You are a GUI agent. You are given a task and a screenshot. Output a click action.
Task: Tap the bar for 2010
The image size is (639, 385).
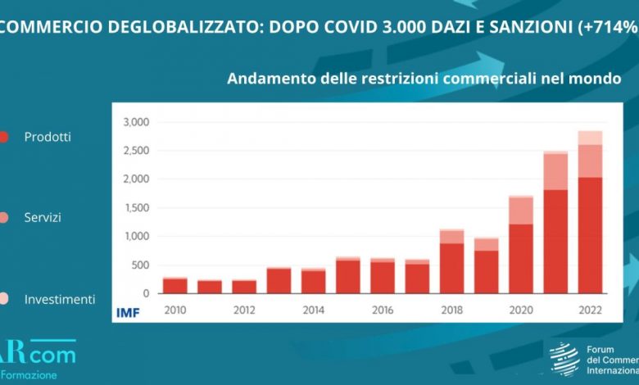click(174, 285)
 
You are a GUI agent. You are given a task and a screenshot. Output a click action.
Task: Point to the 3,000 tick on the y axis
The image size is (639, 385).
click(135, 122)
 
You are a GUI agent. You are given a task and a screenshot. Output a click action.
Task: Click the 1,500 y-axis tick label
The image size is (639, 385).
click(135, 208)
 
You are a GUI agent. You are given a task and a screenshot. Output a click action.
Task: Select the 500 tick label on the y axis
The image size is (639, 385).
click(140, 265)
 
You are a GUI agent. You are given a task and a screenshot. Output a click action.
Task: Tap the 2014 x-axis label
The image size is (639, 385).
click(312, 310)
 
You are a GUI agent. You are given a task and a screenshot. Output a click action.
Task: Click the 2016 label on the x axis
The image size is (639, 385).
click(382, 310)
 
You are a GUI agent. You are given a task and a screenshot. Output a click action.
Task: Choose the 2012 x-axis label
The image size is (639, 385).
click(243, 310)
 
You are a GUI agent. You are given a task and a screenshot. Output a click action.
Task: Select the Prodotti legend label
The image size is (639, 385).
click(48, 137)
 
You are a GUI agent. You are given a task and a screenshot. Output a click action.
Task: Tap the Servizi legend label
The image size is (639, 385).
click(43, 218)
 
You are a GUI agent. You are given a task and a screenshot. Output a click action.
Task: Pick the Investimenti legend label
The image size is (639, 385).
click(60, 299)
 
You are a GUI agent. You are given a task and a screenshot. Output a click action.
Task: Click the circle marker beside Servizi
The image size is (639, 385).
click(2, 218)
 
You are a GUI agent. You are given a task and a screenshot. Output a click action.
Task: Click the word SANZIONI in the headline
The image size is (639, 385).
click(533, 26)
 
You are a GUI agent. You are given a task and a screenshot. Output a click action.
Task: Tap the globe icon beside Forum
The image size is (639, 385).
click(564, 359)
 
